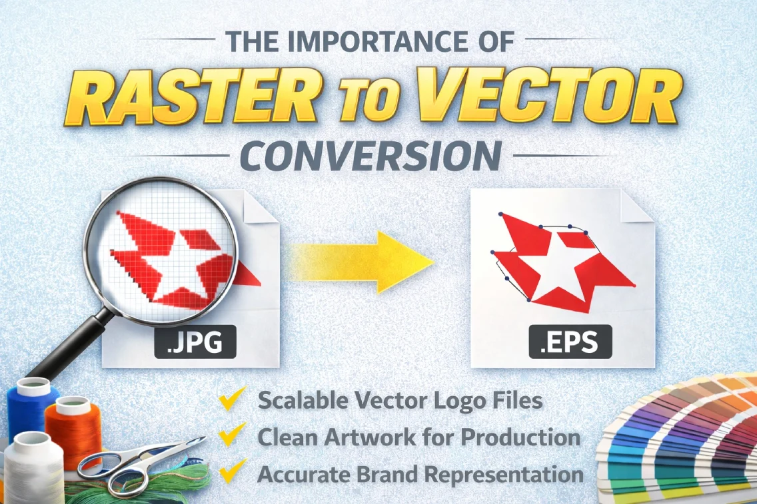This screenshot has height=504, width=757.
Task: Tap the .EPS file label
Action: click(570, 344)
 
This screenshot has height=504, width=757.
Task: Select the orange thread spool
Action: click(73, 429)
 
